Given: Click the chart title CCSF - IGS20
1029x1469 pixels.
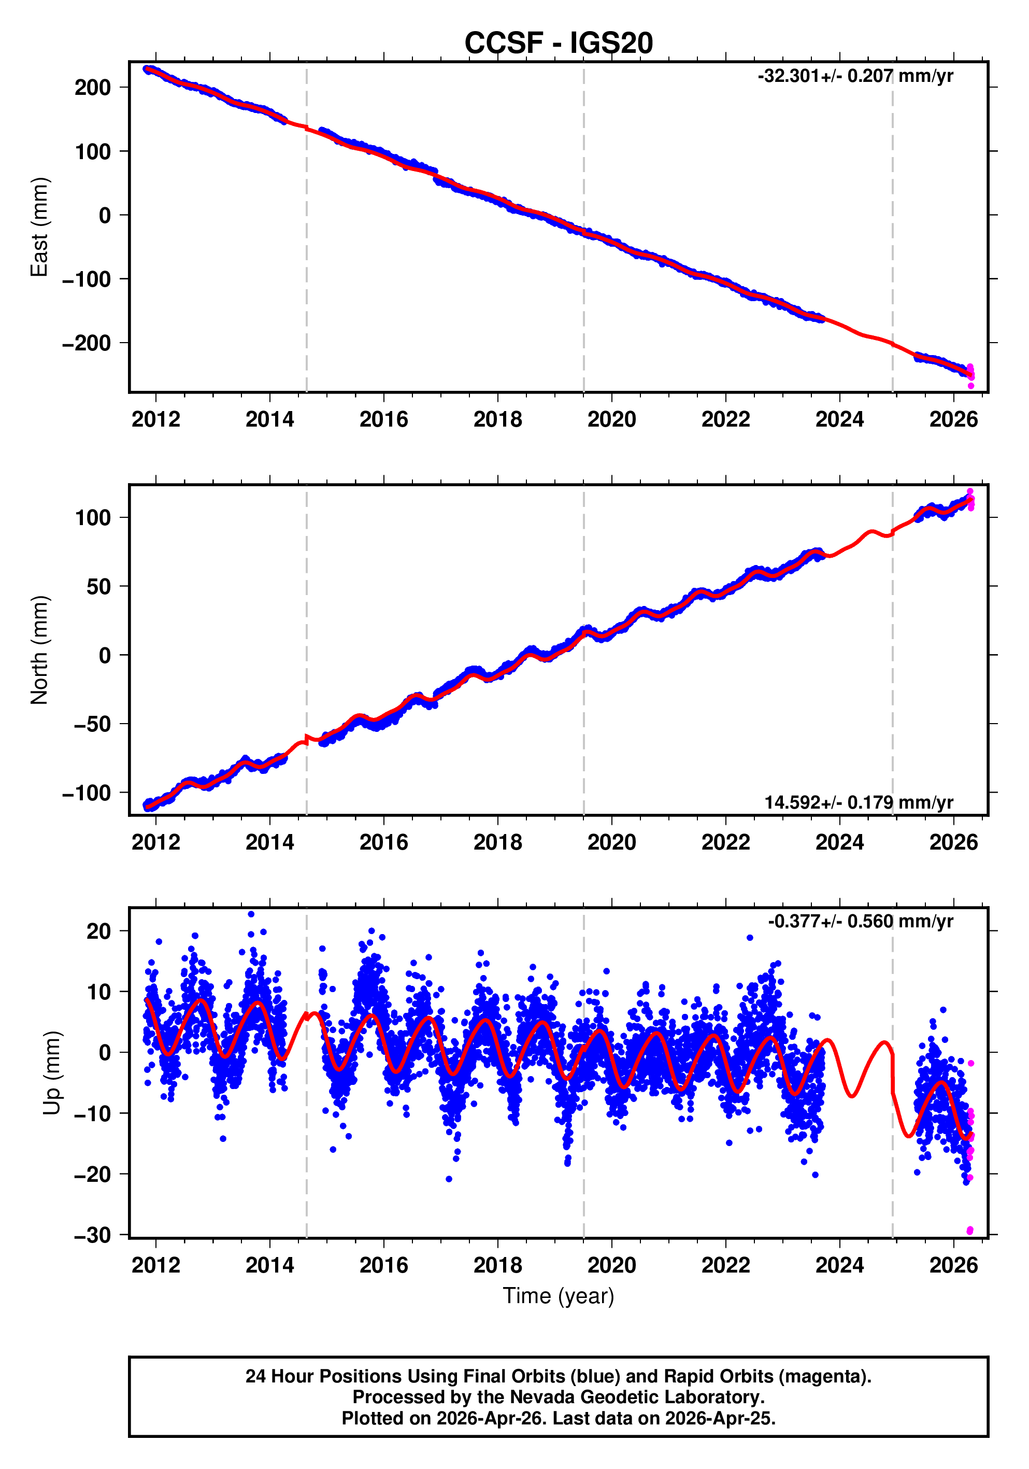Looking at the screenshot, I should coord(559,43).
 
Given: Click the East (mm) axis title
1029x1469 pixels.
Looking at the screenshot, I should coord(40,227).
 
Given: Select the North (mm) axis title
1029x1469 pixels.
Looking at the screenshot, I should coord(40,650).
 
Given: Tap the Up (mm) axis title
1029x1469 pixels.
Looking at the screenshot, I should coord(52,1073).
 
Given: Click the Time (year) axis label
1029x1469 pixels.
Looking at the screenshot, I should coord(559,1295).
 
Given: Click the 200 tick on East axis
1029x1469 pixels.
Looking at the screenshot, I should coord(93,88).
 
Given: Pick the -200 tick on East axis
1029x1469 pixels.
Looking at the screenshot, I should coord(87,344).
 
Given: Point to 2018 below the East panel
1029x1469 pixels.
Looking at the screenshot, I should coord(497,420).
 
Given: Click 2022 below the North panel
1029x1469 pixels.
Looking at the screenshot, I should coord(725,843).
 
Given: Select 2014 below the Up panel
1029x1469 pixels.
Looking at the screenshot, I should coord(269,1265).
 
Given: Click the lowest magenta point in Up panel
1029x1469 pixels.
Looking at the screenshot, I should coord(969,1231).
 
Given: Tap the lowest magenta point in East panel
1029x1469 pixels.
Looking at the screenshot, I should coord(971,386).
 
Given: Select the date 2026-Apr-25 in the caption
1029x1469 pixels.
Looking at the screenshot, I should coord(719,1418).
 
